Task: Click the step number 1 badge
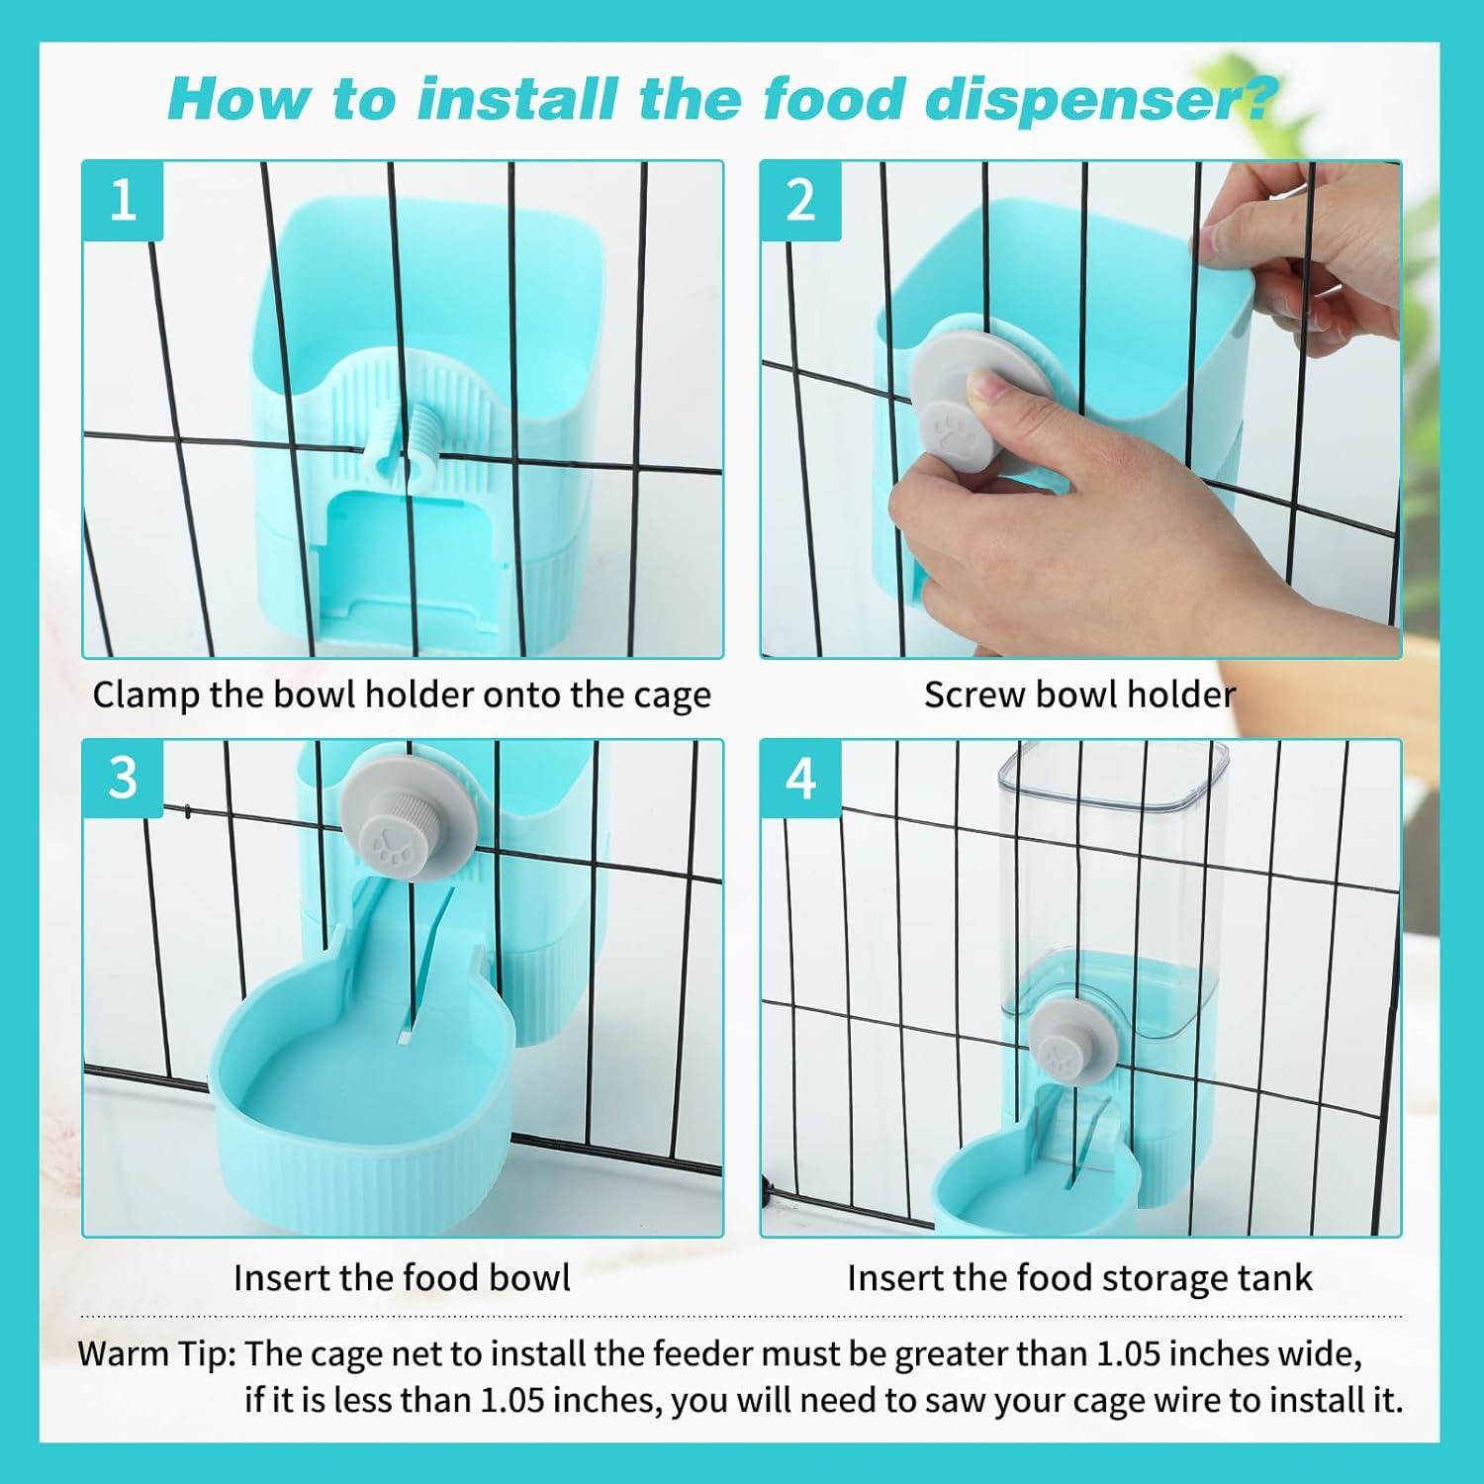[x=122, y=201]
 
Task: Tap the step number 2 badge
[x=799, y=201]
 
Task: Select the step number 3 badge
[x=122, y=779]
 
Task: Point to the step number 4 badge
[x=799, y=779]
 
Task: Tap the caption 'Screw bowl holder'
[x=1079, y=695]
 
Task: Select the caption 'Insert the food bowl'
[x=402, y=1277]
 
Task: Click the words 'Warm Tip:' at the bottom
[x=156, y=1352]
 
